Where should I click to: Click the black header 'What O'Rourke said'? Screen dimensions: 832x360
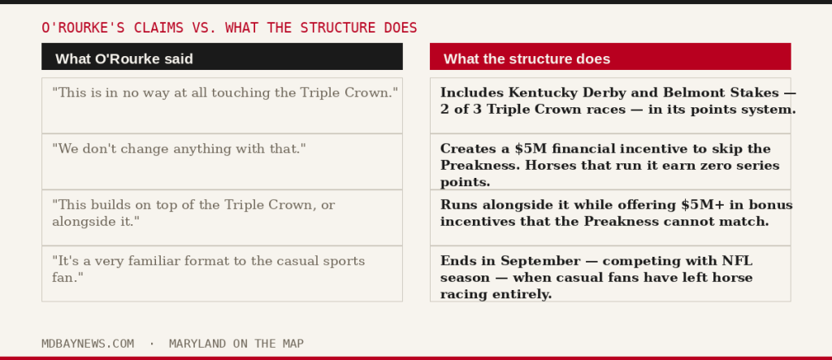pos(222,56)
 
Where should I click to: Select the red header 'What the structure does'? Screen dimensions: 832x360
pos(610,56)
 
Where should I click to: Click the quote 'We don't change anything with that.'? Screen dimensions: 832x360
pos(180,149)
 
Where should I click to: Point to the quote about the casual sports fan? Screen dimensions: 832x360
pos(209,269)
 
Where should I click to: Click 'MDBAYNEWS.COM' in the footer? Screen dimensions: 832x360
pos(88,344)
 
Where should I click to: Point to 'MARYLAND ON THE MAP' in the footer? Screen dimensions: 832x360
pos(236,344)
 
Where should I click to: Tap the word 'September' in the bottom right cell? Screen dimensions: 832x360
pos(540,262)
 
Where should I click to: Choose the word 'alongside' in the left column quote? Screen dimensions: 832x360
pos(84,221)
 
